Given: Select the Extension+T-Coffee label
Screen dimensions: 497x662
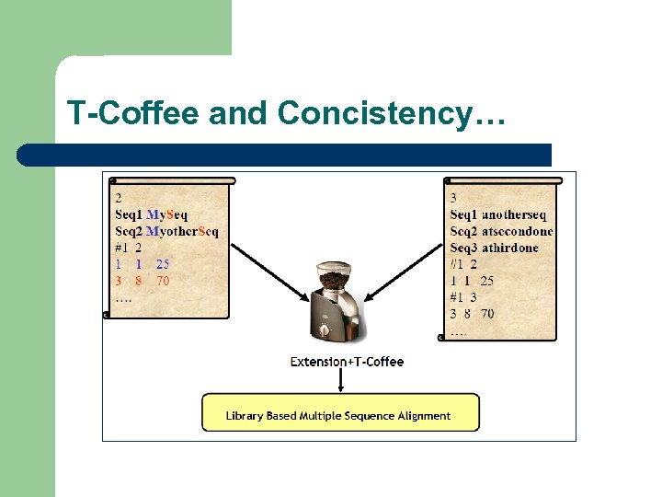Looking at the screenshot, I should point(347,362).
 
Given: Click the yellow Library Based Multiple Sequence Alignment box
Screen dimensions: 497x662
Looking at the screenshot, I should point(340,412).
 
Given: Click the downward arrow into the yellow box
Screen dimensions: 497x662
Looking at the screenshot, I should point(340,380).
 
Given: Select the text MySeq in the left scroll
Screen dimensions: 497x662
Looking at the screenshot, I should point(167,214).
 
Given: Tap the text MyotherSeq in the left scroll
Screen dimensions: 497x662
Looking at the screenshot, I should point(182,230).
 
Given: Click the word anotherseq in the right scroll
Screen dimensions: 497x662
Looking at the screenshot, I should point(514,214).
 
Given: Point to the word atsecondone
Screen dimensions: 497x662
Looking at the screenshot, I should point(518,231).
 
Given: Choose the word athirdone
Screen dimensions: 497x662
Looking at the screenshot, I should point(510,248).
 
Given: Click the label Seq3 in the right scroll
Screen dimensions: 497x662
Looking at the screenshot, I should point(464,248).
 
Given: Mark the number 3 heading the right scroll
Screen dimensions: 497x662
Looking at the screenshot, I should point(454,197).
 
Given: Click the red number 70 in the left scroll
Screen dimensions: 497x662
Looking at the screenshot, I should point(162,281).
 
